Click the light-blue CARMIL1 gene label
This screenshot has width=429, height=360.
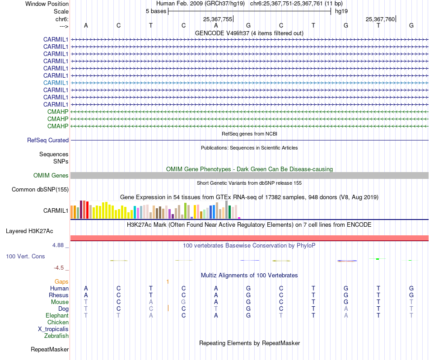pos(56,83)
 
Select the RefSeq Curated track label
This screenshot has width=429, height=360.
pos(48,140)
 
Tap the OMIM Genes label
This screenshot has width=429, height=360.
pos(51,175)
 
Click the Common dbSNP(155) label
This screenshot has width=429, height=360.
pos(40,189)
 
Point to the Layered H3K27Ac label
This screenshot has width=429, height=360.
pos(29,231)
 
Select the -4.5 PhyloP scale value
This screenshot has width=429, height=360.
pos(61,267)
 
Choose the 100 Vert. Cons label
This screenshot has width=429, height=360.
pos(25,256)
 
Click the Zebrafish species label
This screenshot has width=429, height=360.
pos(56,336)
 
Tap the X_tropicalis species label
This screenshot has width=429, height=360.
pos(53,329)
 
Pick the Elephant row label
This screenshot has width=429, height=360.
pos(57,315)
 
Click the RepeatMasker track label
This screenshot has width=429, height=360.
pos(50,349)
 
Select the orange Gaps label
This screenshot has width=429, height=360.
pos(61,281)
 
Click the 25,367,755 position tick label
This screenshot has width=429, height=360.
pos(218,19)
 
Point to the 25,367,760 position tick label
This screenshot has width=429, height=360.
pos(380,19)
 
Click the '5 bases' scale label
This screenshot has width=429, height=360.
pos(156,11)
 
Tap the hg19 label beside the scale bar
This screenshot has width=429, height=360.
pos(341,11)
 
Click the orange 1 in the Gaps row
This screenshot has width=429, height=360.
pos(168,281)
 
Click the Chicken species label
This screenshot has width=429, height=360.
pos(58,322)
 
